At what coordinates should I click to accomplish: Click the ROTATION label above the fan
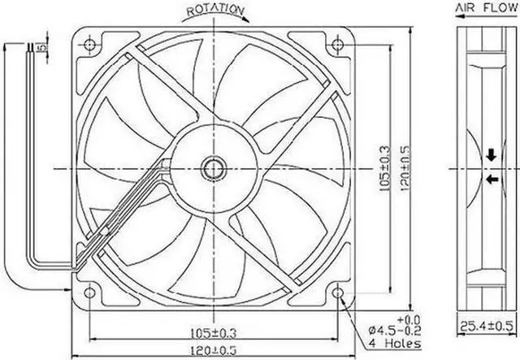[216, 10]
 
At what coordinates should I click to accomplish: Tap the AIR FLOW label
[487, 7]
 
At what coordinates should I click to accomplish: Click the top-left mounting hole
[89, 44]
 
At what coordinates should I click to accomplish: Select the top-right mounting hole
[338, 44]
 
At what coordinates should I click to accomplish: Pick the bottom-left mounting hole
[89, 293]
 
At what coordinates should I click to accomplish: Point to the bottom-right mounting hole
[338, 293]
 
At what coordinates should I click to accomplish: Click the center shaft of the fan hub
[214, 169]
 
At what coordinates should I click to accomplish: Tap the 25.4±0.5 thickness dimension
[487, 327]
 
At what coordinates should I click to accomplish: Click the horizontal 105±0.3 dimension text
[214, 333]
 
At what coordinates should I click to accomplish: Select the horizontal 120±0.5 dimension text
[214, 350]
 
